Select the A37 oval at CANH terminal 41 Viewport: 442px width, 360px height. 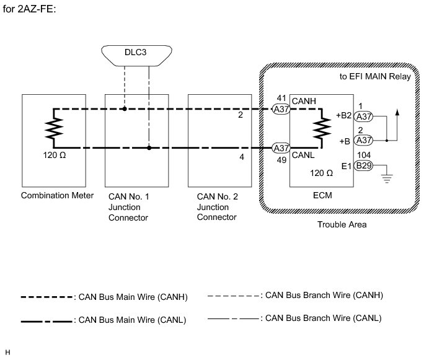coord(281,109)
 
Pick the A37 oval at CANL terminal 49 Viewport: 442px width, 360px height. coord(281,148)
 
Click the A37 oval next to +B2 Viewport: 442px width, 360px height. coord(364,115)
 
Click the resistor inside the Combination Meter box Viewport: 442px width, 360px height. coord(53,129)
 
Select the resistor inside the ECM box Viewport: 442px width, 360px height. coord(322,129)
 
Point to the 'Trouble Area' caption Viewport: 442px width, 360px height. coord(342,224)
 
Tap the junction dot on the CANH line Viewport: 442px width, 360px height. coord(125,109)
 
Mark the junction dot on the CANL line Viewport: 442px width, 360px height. coord(149,148)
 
